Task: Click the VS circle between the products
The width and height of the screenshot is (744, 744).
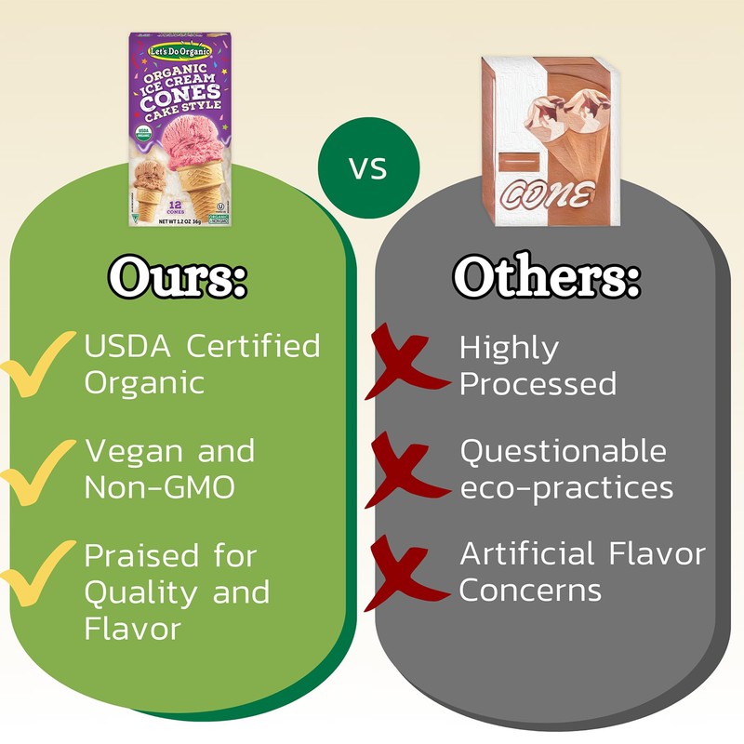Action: tap(368, 168)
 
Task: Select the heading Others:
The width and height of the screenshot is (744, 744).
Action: tap(547, 276)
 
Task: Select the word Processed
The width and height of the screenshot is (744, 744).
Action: tap(538, 383)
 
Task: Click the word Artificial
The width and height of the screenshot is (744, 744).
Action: tap(526, 555)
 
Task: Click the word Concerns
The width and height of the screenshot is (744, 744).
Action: tap(530, 590)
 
